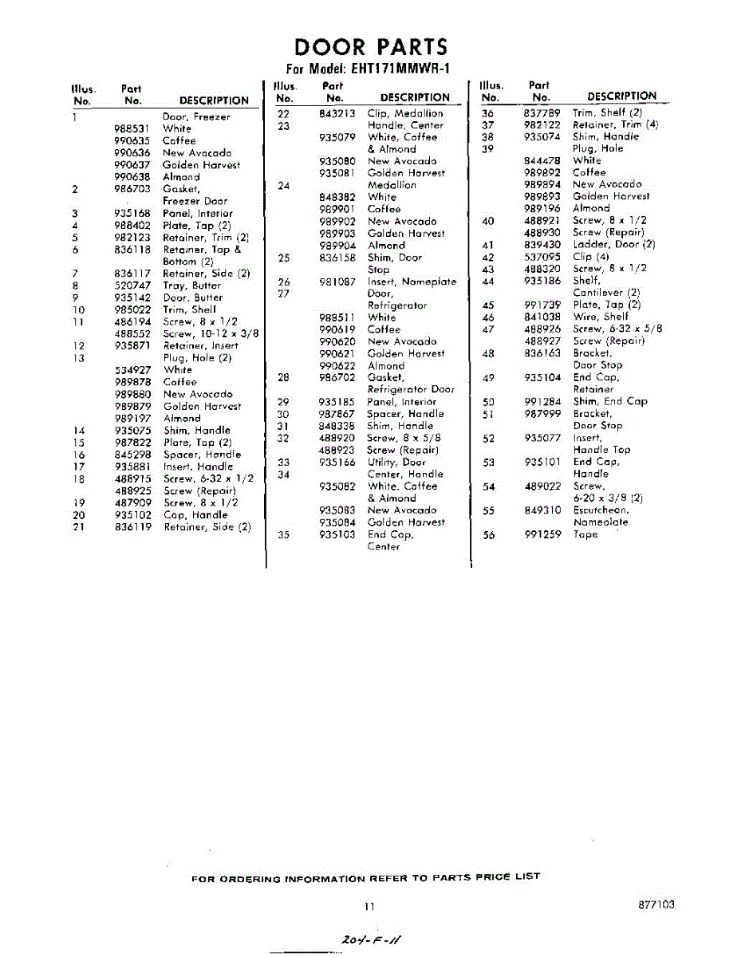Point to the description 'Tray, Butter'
191,286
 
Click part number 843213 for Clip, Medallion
337,113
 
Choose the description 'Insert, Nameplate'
412,282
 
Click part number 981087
337,282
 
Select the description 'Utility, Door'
396,462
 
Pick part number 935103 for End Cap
337,534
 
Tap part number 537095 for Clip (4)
542,257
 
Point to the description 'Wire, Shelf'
600,317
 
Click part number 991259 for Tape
542,534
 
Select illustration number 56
489,534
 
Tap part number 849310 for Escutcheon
542,510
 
